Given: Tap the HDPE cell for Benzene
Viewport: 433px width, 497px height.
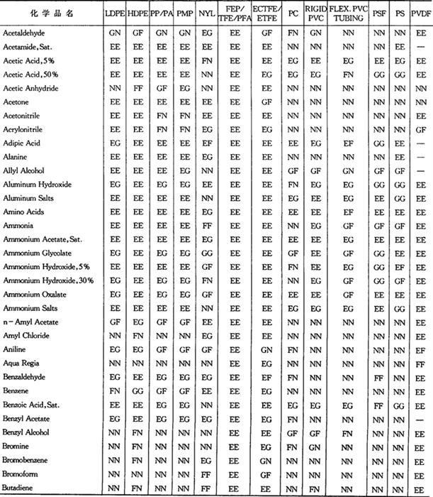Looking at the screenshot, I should click(x=137, y=391).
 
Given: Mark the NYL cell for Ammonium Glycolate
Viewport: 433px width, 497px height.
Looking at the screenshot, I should click(x=206, y=253).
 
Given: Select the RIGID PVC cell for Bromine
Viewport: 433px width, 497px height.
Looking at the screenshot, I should click(x=316, y=446).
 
